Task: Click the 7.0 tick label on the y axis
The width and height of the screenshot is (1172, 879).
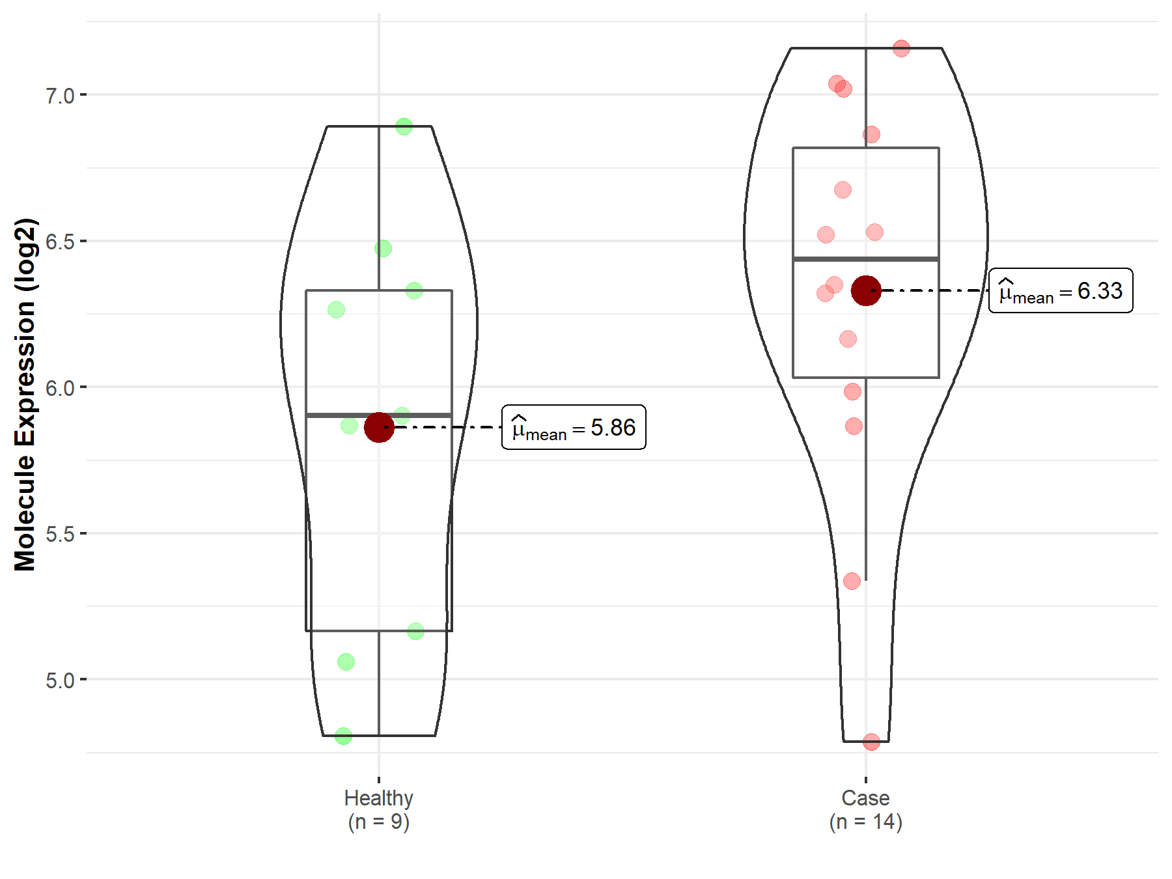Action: tap(60, 96)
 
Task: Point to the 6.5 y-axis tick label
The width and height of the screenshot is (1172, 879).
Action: tap(60, 242)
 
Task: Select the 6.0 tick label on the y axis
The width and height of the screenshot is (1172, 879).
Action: tap(60, 388)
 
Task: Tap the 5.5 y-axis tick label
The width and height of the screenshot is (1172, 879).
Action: tap(60, 534)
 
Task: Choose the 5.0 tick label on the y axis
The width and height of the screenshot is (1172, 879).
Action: tap(60, 680)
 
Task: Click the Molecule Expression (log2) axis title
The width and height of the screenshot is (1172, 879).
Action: tap(25, 395)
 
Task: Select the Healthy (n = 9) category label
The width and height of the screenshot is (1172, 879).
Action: tap(379, 809)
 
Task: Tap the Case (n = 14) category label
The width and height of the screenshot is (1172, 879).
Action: tap(866, 809)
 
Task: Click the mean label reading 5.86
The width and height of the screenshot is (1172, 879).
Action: tap(574, 427)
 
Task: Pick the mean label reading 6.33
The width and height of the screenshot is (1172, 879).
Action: tap(1061, 290)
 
